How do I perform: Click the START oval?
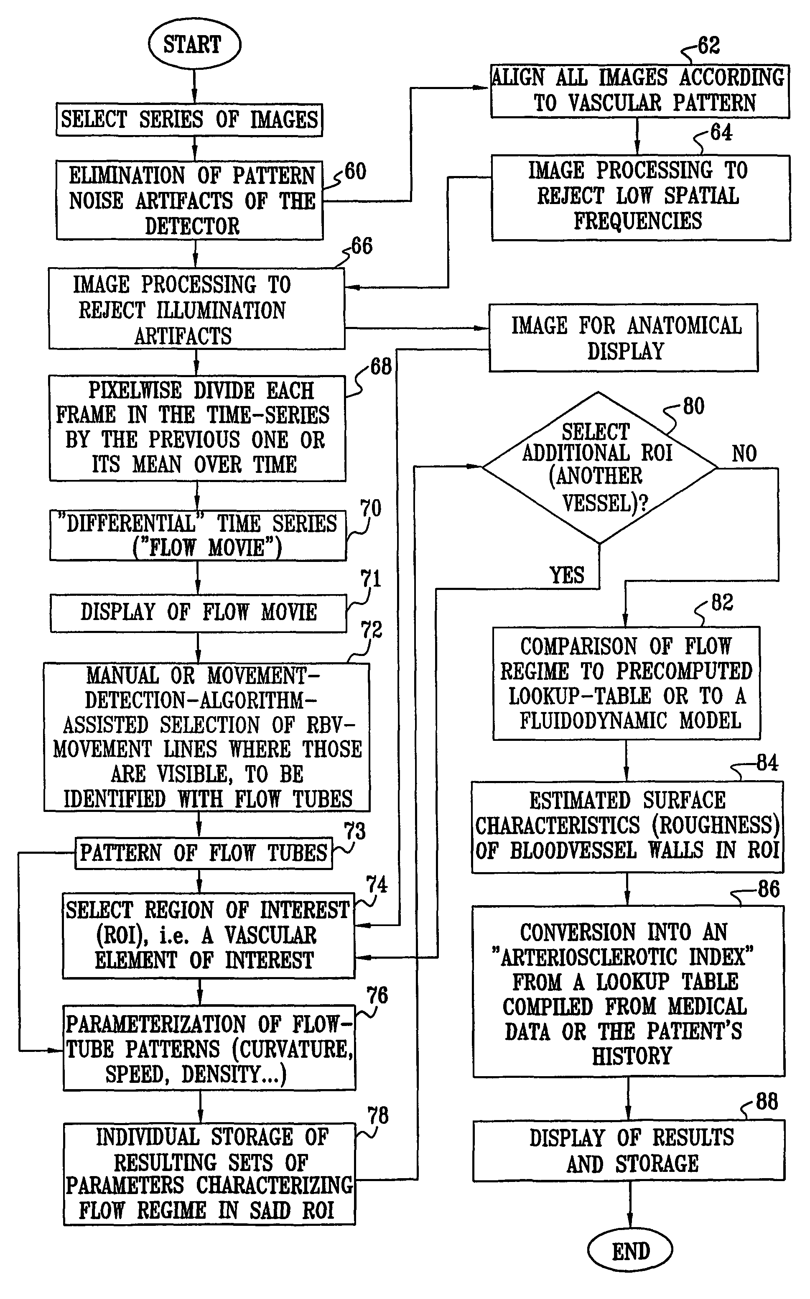pyautogui.click(x=194, y=44)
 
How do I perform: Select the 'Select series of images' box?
pyautogui.click(x=189, y=120)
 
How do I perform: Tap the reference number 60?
pyautogui.click(x=355, y=172)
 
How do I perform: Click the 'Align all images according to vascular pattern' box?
pyautogui.click(x=639, y=91)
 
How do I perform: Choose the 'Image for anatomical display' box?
pyautogui.click(x=624, y=338)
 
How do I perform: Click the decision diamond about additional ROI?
pyautogui.click(x=599, y=468)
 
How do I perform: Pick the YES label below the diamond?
pyautogui.click(x=567, y=575)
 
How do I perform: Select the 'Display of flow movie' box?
pyautogui.click(x=198, y=612)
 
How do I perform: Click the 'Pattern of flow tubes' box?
pyautogui.click(x=204, y=852)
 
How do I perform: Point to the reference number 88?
pyautogui.click(x=767, y=1102)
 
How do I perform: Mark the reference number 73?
pyautogui.click(x=354, y=831)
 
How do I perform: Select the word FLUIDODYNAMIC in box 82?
pyautogui.click(x=593, y=721)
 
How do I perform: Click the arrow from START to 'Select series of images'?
pyautogui.click(x=194, y=87)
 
